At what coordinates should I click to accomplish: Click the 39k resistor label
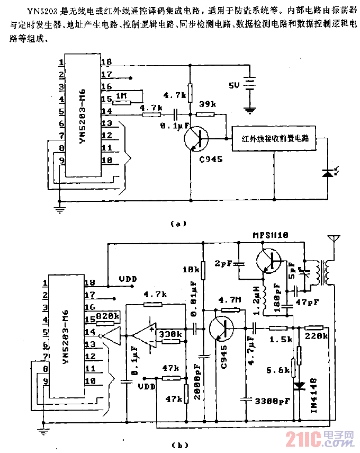pos(206,105)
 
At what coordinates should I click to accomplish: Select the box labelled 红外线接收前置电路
pos(274,139)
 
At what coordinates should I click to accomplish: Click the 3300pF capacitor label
pos(272,402)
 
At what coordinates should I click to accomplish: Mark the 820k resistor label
pos(109,317)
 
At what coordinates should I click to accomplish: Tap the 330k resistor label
pos(170,334)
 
